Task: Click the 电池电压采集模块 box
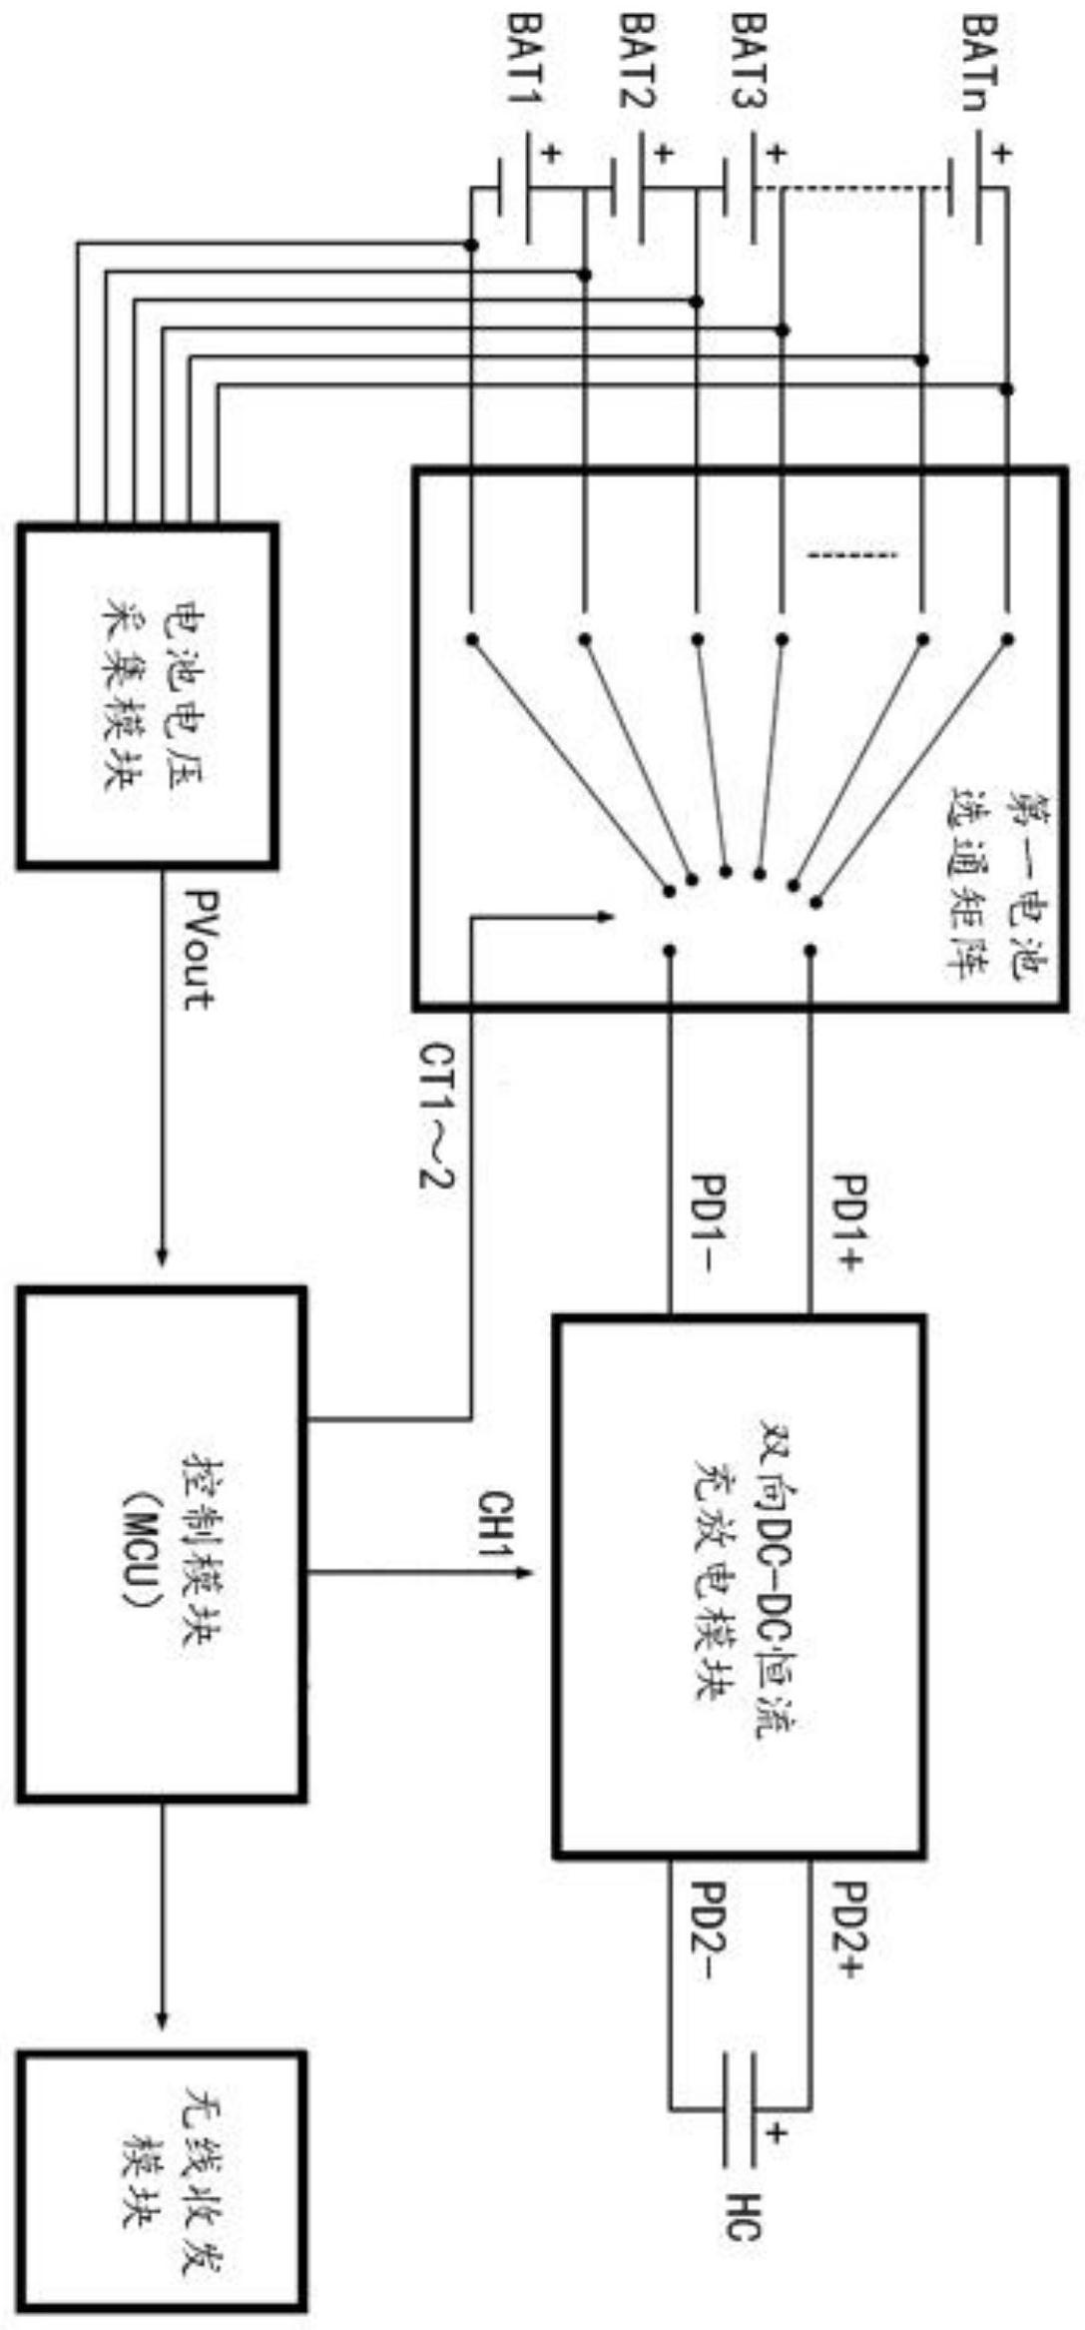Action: click(x=147, y=693)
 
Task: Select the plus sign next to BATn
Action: click(x=1002, y=154)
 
